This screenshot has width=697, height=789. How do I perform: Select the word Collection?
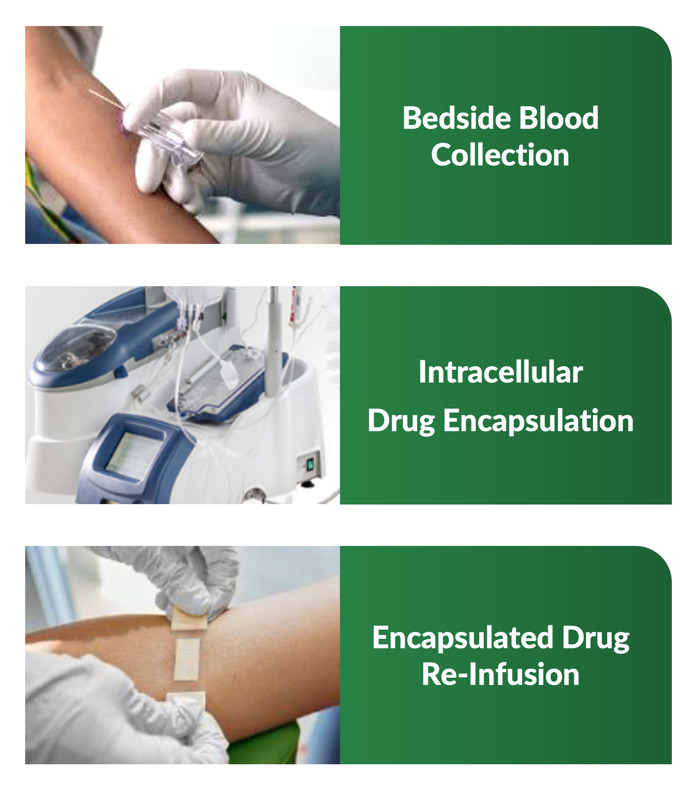point(500,154)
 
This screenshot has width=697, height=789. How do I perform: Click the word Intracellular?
point(500,372)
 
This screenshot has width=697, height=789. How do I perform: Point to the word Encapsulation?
point(538,421)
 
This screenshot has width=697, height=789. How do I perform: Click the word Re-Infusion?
point(500,674)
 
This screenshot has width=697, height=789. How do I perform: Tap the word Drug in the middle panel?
point(401,421)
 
